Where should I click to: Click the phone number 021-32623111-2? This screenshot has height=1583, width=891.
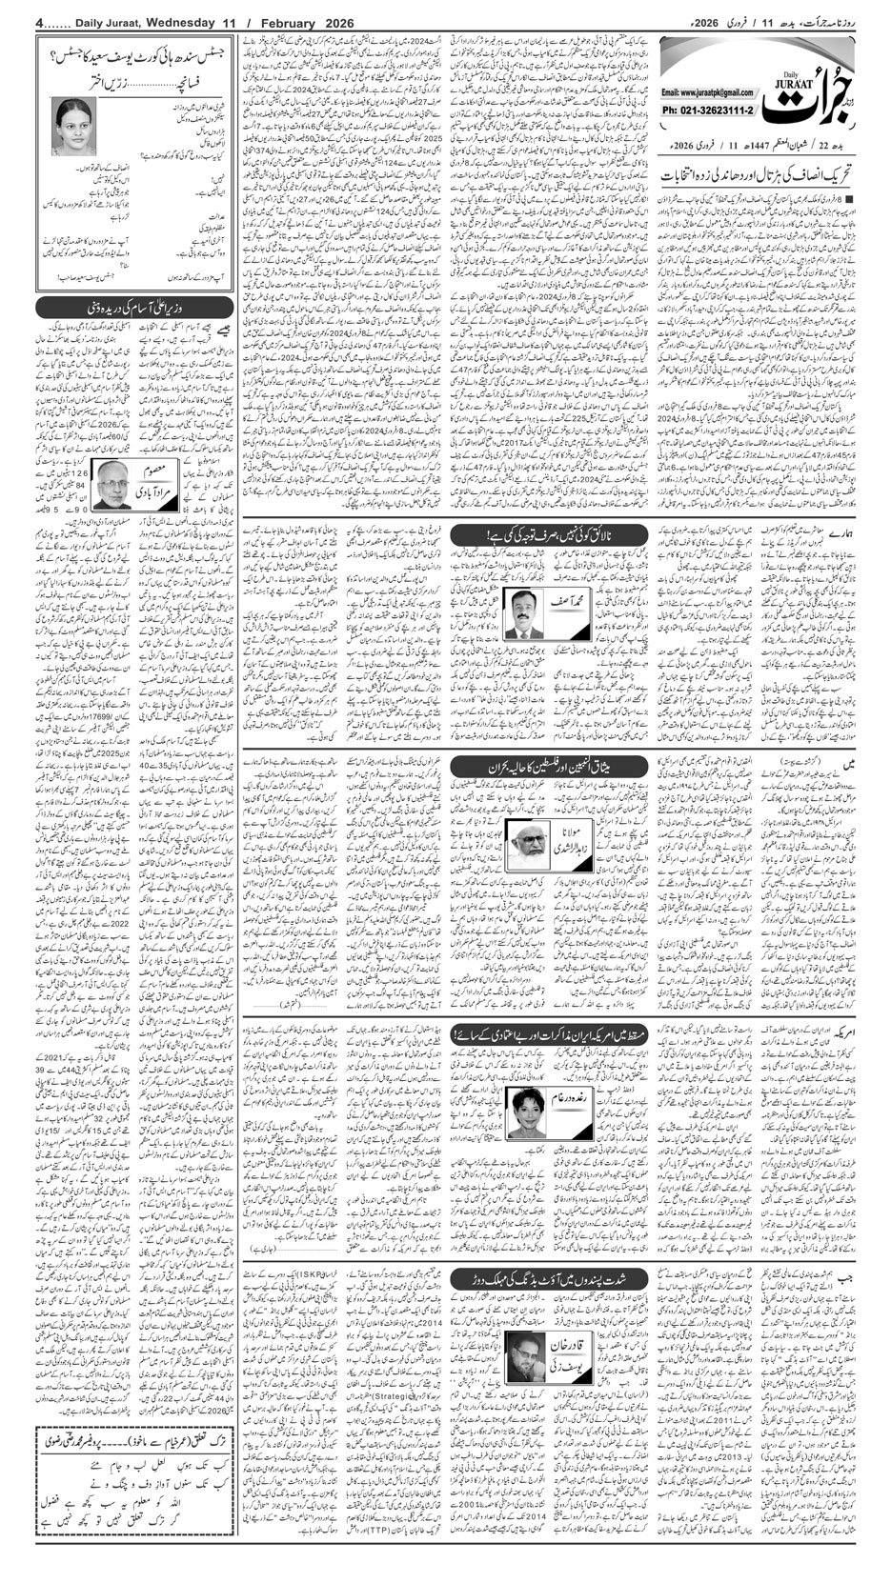pyautogui.click(x=705, y=110)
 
